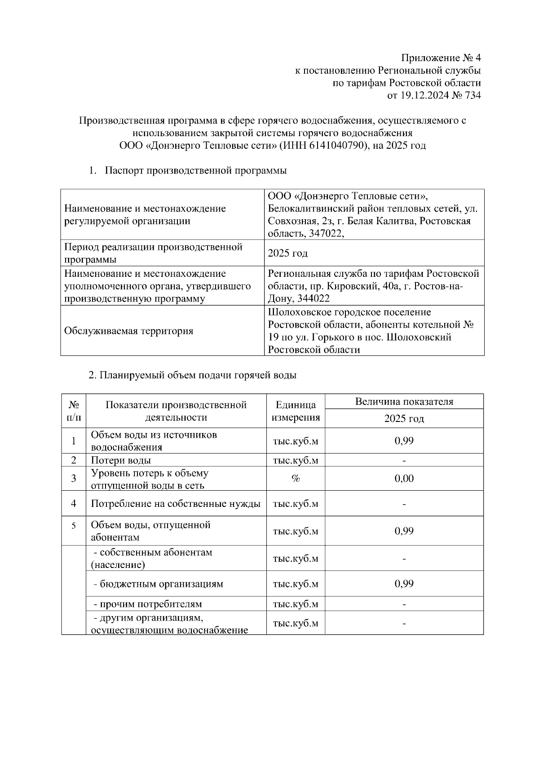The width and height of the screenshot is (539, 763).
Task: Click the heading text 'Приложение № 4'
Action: click(441, 58)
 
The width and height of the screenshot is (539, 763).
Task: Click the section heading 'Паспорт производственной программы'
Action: click(196, 171)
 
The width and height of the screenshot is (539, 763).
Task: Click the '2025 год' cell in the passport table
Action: click(287, 253)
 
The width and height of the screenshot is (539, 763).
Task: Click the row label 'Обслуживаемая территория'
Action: click(128, 331)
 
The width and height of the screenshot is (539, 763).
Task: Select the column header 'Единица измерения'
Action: click(296, 411)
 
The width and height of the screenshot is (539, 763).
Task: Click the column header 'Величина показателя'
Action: click(404, 402)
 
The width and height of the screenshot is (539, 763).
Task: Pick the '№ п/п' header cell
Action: click(74, 411)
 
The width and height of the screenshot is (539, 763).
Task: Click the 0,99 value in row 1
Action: click(404, 441)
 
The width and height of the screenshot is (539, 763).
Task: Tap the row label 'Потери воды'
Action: click(121, 461)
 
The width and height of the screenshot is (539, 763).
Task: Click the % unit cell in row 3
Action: click(296, 479)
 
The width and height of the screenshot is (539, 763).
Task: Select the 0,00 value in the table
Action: click(404, 479)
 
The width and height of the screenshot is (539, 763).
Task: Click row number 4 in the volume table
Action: click(74, 504)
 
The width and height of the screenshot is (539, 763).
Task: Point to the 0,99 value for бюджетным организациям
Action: click(404, 584)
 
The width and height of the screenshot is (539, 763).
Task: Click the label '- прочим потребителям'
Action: click(147, 604)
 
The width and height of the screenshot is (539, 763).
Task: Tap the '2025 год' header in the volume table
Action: click(404, 419)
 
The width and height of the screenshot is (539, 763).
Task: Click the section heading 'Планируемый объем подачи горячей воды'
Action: click(192, 376)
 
